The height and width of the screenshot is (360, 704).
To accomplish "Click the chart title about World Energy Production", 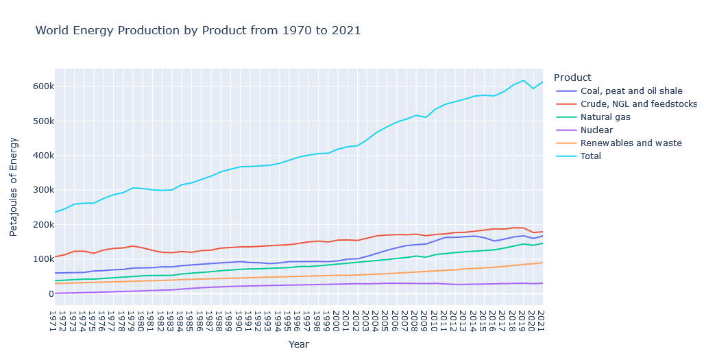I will pyautogui.click(x=197, y=30).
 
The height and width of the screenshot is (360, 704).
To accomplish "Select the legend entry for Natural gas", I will pyautogui.click(x=605, y=117).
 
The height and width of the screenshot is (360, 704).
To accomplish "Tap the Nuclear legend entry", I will pyautogui.click(x=596, y=130).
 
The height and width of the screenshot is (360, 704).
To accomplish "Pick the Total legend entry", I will pyautogui.click(x=590, y=156).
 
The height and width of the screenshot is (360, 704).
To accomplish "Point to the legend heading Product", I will pyautogui.click(x=572, y=77).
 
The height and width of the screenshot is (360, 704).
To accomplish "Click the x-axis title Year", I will pyautogui.click(x=298, y=344).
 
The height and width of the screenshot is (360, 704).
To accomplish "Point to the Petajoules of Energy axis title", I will pyautogui.click(x=14, y=187).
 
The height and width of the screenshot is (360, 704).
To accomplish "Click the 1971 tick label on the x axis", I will pyautogui.click(x=52, y=321).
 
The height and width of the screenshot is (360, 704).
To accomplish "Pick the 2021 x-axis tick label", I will pyautogui.click(x=540, y=321).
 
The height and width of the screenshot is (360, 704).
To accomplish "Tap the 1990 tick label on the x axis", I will pyautogui.click(x=238, y=321).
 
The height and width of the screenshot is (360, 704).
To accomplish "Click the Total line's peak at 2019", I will pyautogui.click(x=523, y=80).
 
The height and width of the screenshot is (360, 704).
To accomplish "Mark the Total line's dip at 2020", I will pyautogui.click(x=533, y=88).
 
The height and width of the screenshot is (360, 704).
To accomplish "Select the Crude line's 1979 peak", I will pyautogui.click(x=132, y=245).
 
